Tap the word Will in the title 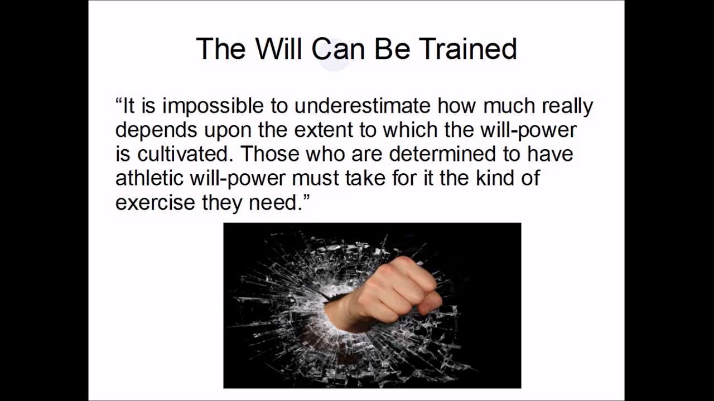pos(281,49)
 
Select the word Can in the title pos(338,49)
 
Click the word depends pos(156,130)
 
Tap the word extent pos(324,130)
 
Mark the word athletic pos(150,178)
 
